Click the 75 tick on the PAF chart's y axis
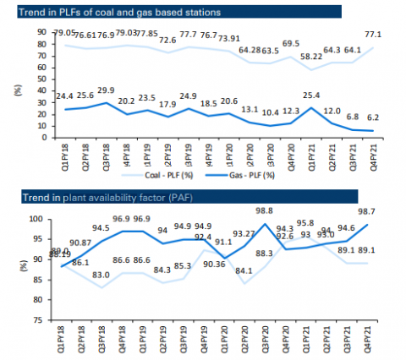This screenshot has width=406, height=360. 41,320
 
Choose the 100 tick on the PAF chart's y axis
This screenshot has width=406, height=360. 40,219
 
